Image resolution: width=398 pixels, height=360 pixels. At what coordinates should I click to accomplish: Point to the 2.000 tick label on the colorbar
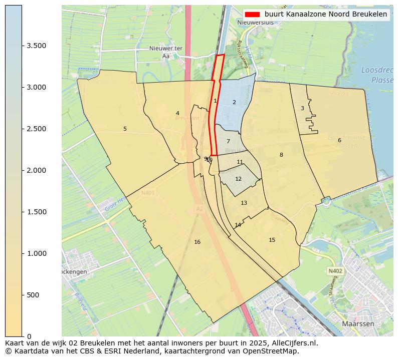point(37,171)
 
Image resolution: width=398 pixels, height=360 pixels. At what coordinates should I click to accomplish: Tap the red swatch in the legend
point(253,14)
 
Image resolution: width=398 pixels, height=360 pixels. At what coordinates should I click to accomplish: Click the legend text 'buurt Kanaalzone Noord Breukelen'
point(325,14)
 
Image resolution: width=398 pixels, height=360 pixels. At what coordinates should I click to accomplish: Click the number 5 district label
point(125,129)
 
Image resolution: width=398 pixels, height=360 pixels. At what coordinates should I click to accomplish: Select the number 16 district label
point(197,242)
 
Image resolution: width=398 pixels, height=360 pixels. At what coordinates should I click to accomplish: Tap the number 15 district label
point(272,240)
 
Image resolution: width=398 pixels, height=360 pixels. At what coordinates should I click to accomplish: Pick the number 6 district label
point(339,140)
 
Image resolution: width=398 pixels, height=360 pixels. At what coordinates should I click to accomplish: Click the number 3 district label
point(302,109)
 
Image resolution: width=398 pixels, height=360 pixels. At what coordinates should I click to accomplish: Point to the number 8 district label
point(281,155)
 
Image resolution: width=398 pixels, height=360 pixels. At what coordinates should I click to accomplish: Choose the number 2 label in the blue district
point(234,103)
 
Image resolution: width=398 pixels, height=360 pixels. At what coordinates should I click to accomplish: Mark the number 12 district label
point(238,179)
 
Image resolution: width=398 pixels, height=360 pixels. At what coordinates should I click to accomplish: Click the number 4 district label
point(177,114)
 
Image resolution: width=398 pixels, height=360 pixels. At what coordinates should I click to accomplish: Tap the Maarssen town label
point(357,324)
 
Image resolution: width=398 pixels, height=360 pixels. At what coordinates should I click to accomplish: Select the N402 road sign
point(335,271)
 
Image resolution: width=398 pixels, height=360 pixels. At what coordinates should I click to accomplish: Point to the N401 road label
point(148,193)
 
